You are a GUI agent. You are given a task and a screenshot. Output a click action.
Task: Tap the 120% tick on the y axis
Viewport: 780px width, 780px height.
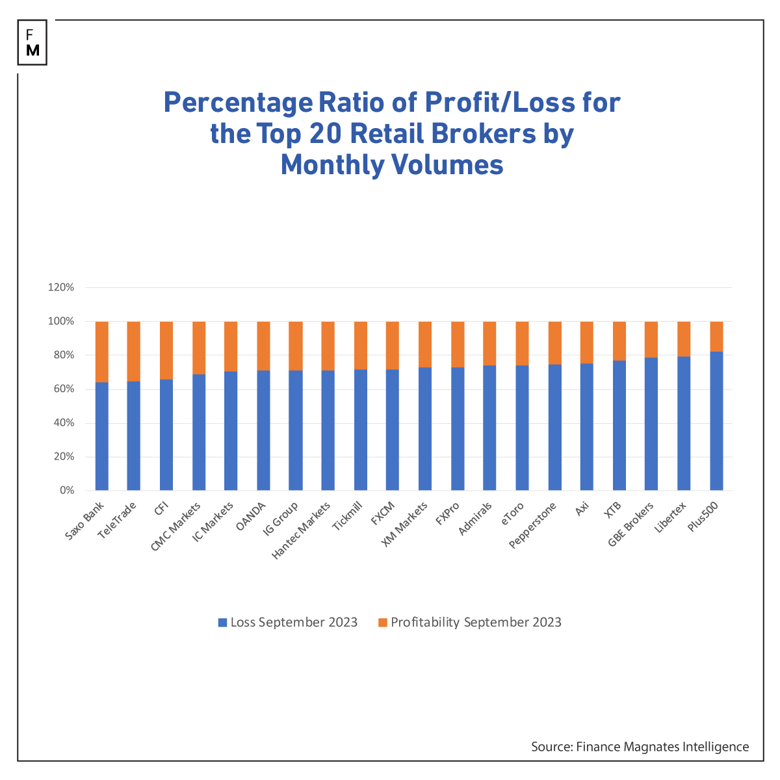point(61,287)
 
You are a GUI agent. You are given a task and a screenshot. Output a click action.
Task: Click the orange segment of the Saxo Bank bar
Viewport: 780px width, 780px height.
point(102,351)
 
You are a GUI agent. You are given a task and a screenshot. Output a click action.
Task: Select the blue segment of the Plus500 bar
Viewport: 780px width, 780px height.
point(716,422)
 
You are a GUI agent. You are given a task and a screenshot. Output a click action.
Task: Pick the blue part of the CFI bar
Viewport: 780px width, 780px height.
point(166,435)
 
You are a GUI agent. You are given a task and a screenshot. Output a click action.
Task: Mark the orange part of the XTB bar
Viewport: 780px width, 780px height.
point(619,341)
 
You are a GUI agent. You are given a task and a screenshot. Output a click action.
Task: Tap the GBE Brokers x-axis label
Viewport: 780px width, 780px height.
point(630,524)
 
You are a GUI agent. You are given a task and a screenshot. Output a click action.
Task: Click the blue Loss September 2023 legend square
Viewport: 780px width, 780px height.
point(222,622)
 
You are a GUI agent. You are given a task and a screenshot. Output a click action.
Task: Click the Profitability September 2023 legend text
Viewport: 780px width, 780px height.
point(476,622)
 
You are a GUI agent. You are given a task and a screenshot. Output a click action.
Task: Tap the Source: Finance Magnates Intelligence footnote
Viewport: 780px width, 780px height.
point(640,746)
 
